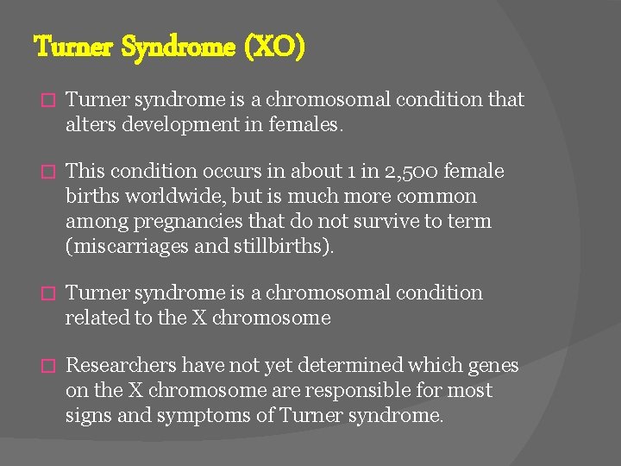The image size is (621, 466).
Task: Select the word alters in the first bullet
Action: pos(90,125)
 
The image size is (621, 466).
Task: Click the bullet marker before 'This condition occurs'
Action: pos(47,173)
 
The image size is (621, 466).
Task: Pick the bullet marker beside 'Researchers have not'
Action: pos(47,367)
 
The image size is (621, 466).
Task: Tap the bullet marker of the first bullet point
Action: pos(47,101)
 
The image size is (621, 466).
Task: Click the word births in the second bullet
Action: pos(90,197)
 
